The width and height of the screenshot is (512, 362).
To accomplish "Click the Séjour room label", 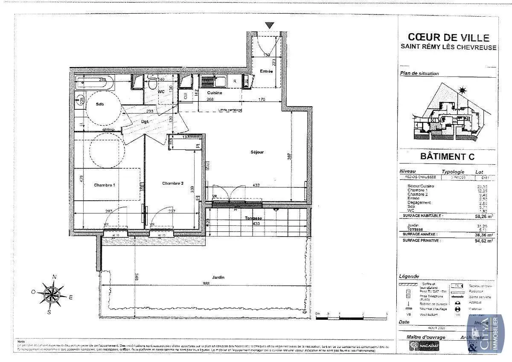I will click(257, 152).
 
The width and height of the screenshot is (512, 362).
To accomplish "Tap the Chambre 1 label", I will click(105, 185).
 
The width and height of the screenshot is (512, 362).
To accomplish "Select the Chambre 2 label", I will click(172, 183).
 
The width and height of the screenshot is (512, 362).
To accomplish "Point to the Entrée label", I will click(266, 71).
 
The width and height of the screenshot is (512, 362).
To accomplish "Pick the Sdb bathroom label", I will click(100, 105).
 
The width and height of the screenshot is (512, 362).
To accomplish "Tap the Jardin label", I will click(217, 277).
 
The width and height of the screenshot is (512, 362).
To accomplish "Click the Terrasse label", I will click(253, 218).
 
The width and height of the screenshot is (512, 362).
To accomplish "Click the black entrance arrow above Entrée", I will click(269, 25).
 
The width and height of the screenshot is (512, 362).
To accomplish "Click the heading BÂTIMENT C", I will click(448, 156).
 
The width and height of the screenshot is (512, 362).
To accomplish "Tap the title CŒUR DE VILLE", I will click(448, 38).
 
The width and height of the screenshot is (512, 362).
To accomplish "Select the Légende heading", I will click(409, 276).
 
